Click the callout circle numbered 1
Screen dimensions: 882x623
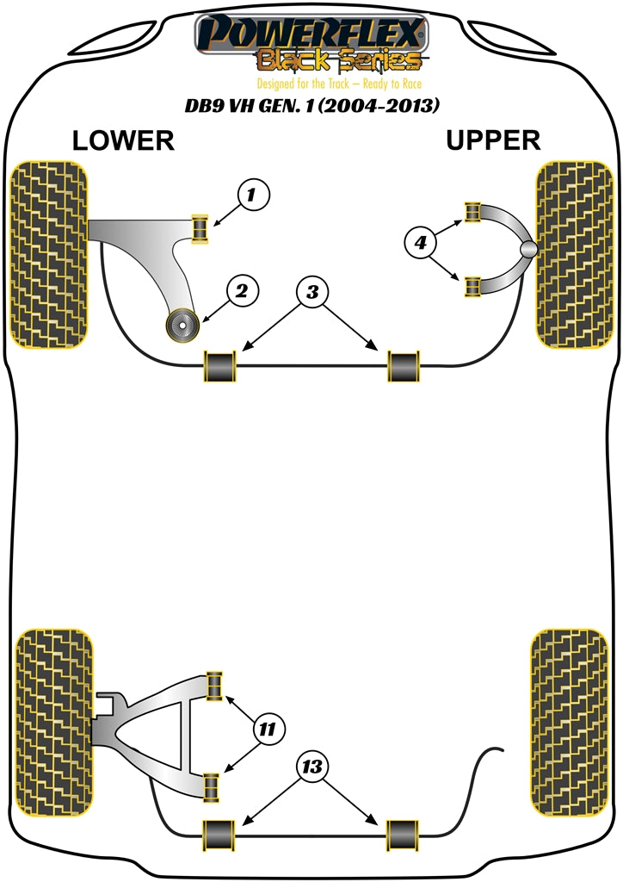(250, 196)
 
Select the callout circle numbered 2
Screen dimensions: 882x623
(241, 292)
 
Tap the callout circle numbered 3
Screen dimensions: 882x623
(311, 293)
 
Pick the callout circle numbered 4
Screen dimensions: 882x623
(420, 245)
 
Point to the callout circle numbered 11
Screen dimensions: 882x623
(268, 730)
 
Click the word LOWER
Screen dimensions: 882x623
(123, 141)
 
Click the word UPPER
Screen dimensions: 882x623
(493, 140)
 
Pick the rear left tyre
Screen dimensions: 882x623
(52, 723)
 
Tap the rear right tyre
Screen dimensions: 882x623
(571, 723)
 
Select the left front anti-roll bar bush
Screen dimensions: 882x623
(220, 365)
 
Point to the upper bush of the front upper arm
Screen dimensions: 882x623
(472, 212)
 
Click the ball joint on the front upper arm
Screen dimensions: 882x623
(529, 250)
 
